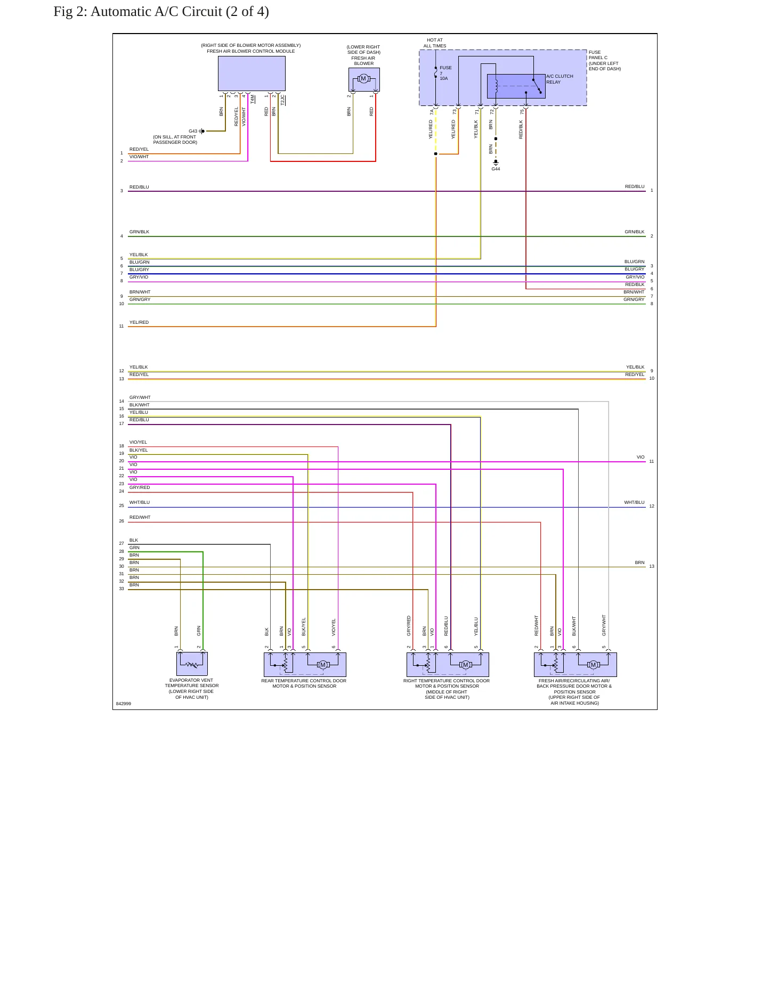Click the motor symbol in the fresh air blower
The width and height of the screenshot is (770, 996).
click(363, 79)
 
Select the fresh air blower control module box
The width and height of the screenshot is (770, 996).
click(252, 74)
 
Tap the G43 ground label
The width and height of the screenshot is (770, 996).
click(193, 131)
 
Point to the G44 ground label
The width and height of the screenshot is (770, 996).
click(496, 169)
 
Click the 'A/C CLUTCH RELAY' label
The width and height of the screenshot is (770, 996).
click(560, 79)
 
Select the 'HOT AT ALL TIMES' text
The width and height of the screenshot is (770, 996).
click(435, 43)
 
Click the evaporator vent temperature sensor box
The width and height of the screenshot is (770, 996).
click(192, 664)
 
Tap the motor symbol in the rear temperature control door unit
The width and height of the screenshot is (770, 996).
click(323, 665)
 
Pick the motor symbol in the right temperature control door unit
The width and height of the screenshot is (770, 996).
click(466, 665)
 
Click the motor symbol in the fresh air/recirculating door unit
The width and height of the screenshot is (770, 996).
click(593, 665)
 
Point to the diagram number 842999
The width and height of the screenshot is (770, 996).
click(124, 704)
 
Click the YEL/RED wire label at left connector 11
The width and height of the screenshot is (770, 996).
click(139, 322)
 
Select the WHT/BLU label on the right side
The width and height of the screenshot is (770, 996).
click(634, 502)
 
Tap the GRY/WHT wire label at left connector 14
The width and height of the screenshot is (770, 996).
click(140, 397)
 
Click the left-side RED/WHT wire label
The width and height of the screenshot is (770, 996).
click(140, 517)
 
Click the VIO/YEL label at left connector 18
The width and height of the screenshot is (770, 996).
click(138, 442)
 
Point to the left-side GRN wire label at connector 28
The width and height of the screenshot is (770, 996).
click(134, 548)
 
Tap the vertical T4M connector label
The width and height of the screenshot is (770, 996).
click(253, 99)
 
